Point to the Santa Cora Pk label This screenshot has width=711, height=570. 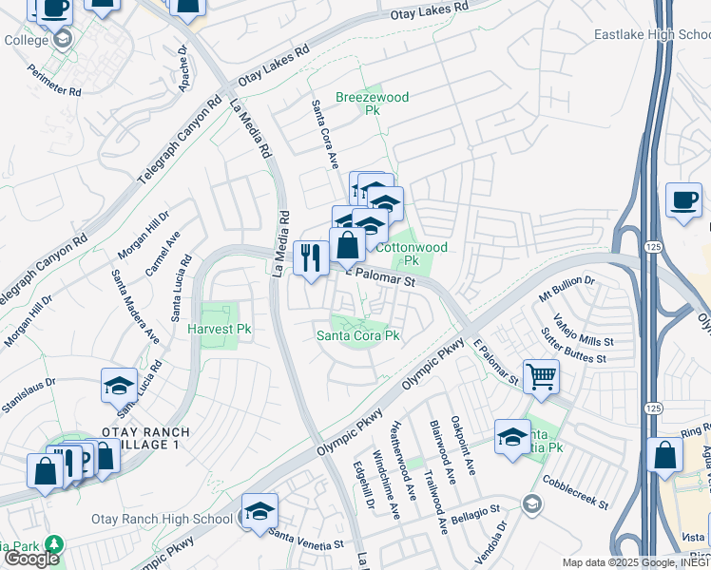[x=358, y=335]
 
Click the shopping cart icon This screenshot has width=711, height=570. [x=541, y=377]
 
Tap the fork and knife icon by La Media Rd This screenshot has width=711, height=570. [x=311, y=257]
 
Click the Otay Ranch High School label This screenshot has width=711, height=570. [x=162, y=519]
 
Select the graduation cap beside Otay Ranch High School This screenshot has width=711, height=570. [x=259, y=511]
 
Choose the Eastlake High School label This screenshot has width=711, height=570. [x=652, y=35]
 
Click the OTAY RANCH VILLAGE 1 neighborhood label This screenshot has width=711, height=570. [x=141, y=439]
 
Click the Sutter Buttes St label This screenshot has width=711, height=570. [x=574, y=348]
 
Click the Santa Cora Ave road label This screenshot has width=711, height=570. [x=325, y=134]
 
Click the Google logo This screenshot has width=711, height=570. [x=31, y=558]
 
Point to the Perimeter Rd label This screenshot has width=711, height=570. [x=54, y=80]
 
